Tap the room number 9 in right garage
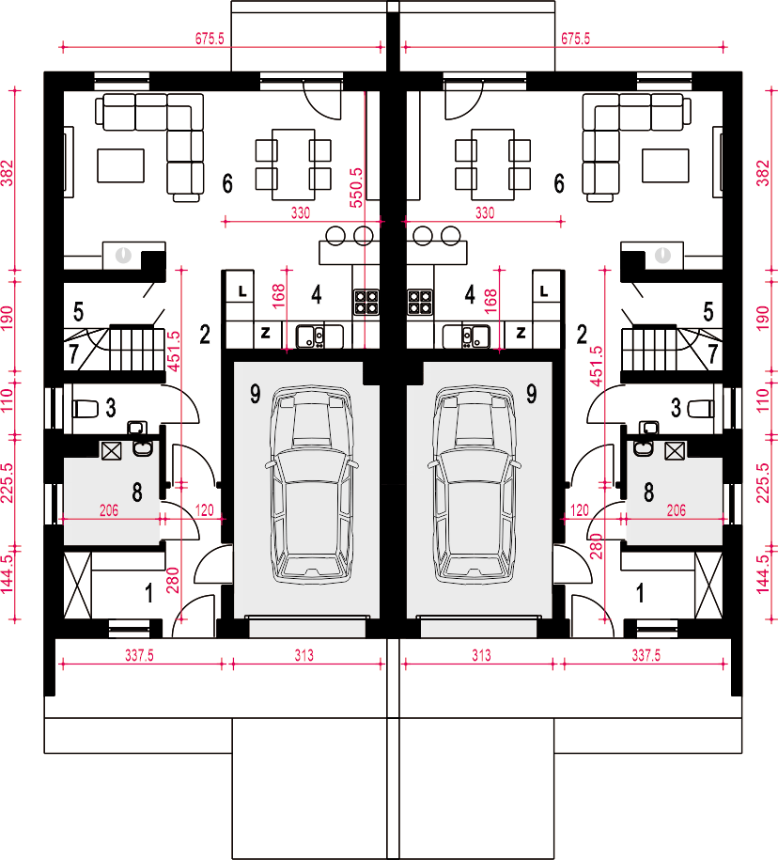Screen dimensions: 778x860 coord(531,394)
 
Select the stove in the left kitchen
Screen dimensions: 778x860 coord(366,303)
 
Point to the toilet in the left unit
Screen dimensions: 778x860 coord(86,409)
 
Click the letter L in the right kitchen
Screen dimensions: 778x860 coord(543,290)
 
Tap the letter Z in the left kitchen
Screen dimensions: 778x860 coord(265,333)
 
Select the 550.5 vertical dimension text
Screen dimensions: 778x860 coord(356,188)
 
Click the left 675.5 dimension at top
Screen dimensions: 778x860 coord(210,39)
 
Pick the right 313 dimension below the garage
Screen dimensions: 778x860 coord(481,655)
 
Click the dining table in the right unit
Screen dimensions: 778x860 coord(492,164)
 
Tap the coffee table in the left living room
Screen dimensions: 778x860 coord(120,165)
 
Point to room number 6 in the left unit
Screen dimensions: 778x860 coord(227,183)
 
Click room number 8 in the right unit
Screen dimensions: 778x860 coord(648,492)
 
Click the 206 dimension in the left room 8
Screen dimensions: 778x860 coord(109,510)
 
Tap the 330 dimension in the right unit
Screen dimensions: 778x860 coord(485,212)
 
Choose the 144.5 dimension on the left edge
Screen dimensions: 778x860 coord(8,574)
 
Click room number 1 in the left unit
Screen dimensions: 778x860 coord(148,593)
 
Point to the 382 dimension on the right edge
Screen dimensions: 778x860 coord(763,173)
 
